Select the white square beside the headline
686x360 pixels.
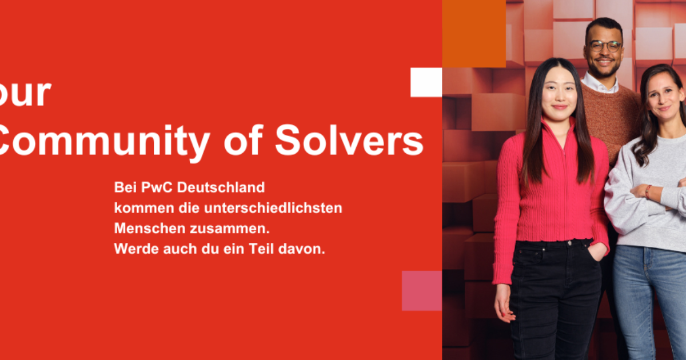coord(426,82)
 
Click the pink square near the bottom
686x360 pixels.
coord(422,290)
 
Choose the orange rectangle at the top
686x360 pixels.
coord(474,33)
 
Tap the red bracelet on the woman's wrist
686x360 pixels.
coord(648,191)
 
